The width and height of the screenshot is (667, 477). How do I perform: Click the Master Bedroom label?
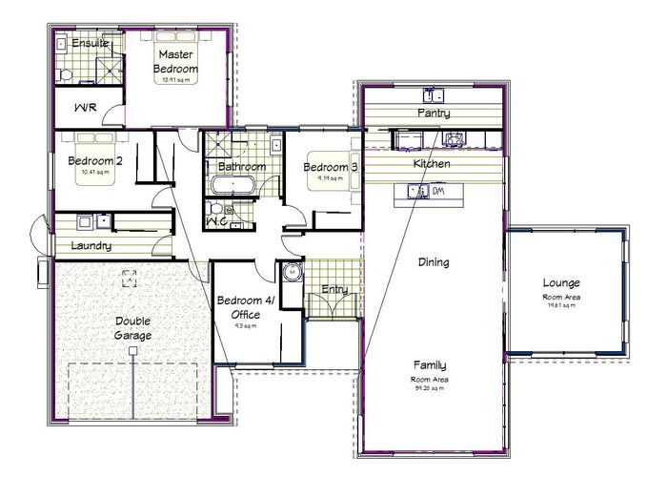click(177, 62)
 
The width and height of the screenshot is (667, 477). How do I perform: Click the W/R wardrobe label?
click(84, 109)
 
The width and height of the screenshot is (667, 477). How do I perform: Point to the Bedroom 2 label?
click(94, 161)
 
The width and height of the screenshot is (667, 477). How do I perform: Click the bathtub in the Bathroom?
click(237, 185)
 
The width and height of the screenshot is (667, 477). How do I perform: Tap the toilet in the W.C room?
click(218, 209)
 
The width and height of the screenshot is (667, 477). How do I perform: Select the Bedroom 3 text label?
click(331, 168)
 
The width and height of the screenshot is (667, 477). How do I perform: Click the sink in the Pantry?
click(435, 94)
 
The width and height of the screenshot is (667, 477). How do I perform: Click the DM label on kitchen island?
click(439, 192)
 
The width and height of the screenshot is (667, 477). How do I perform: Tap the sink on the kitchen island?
click(417, 192)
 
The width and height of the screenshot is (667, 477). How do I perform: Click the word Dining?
click(434, 261)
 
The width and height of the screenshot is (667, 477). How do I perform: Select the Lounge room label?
click(561, 282)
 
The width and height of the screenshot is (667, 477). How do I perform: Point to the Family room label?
click(431, 365)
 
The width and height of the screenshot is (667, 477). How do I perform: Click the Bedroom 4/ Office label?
click(245, 308)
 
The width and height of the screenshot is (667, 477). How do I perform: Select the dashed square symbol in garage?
click(129, 279)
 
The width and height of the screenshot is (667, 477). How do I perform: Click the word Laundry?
click(91, 246)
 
